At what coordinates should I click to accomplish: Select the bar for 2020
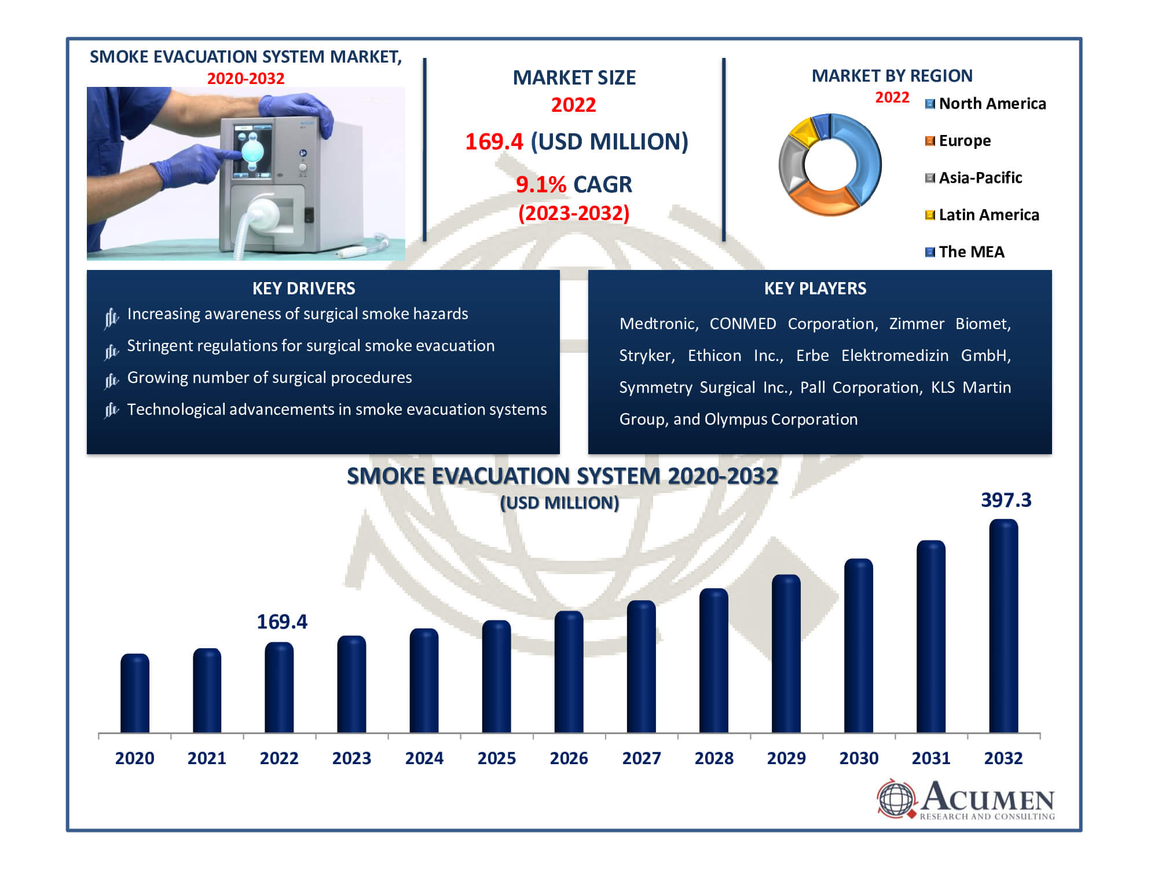(x=135, y=693)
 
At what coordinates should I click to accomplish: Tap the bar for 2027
(x=642, y=667)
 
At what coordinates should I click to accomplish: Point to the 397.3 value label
(x=1006, y=500)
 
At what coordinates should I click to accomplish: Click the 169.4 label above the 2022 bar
(x=282, y=622)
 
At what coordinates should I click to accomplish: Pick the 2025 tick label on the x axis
(x=497, y=758)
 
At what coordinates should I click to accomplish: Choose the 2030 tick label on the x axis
(x=859, y=758)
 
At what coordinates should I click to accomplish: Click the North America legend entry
(x=985, y=104)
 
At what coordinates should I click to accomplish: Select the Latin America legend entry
(x=982, y=215)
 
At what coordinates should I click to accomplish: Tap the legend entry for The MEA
(x=965, y=252)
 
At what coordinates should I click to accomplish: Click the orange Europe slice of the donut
(x=822, y=199)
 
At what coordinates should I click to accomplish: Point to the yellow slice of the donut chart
(x=802, y=132)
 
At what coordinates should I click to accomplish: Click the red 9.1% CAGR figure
(x=541, y=185)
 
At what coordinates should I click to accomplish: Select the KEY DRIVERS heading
(x=304, y=289)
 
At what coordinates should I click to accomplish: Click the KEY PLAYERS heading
(x=815, y=289)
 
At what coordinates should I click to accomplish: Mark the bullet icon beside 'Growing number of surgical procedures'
(x=111, y=380)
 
